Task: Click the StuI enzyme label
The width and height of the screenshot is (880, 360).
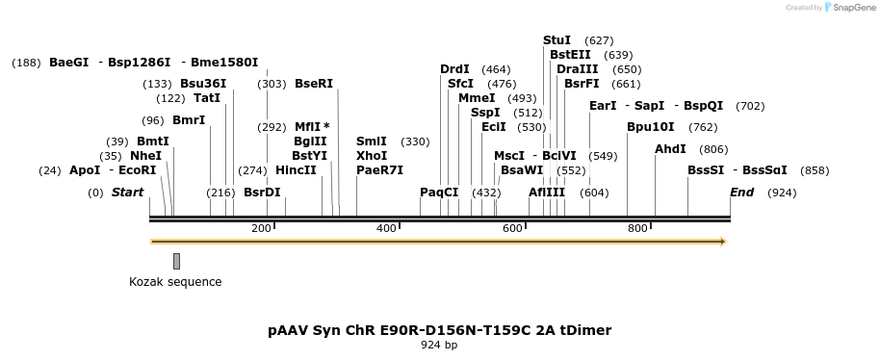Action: [x=556, y=40]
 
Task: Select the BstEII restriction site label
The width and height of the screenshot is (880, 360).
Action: [x=570, y=55]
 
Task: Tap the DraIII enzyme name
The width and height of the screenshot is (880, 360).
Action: [x=577, y=69]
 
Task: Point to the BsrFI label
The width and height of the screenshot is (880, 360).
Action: [x=582, y=84]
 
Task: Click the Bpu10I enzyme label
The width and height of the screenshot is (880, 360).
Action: [x=651, y=127]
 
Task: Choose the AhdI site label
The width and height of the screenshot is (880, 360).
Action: [x=670, y=149]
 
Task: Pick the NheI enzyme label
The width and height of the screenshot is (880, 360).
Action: [x=145, y=156]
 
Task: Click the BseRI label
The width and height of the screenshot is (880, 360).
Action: [x=313, y=84]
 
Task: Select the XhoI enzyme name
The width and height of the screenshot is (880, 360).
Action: [x=371, y=156]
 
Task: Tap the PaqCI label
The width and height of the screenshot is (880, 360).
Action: [x=439, y=193]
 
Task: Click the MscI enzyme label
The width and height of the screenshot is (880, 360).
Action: [x=509, y=156]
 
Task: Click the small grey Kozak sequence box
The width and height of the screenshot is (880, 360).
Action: [x=177, y=261]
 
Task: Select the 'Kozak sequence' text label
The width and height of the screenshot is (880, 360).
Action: [x=175, y=282]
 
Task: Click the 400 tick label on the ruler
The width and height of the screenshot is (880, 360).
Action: [x=386, y=228]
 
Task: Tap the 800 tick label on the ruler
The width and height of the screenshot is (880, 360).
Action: [x=637, y=228]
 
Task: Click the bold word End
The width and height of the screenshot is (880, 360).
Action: [x=741, y=193]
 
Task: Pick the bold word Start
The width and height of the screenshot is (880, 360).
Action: [x=127, y=193]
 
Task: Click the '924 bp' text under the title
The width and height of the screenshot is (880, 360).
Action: [x=439, y=346]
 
